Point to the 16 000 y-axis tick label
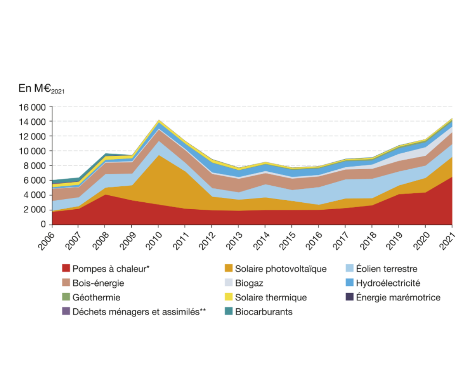click(34, 107)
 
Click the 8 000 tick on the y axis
click(36, 166)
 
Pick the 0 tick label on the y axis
click(44, 224)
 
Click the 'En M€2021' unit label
click(41, 88)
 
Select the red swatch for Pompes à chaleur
click(66, 269)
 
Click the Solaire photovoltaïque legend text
click(280, 269)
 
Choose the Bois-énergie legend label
click(98, 283)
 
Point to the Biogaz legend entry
click(249, 283)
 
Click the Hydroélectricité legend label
click(388, 283)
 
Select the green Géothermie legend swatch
click(66, 298)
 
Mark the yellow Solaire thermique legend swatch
click(228, 298)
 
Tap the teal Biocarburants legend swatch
click(228, 312)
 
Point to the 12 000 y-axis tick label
click(34, 136)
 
